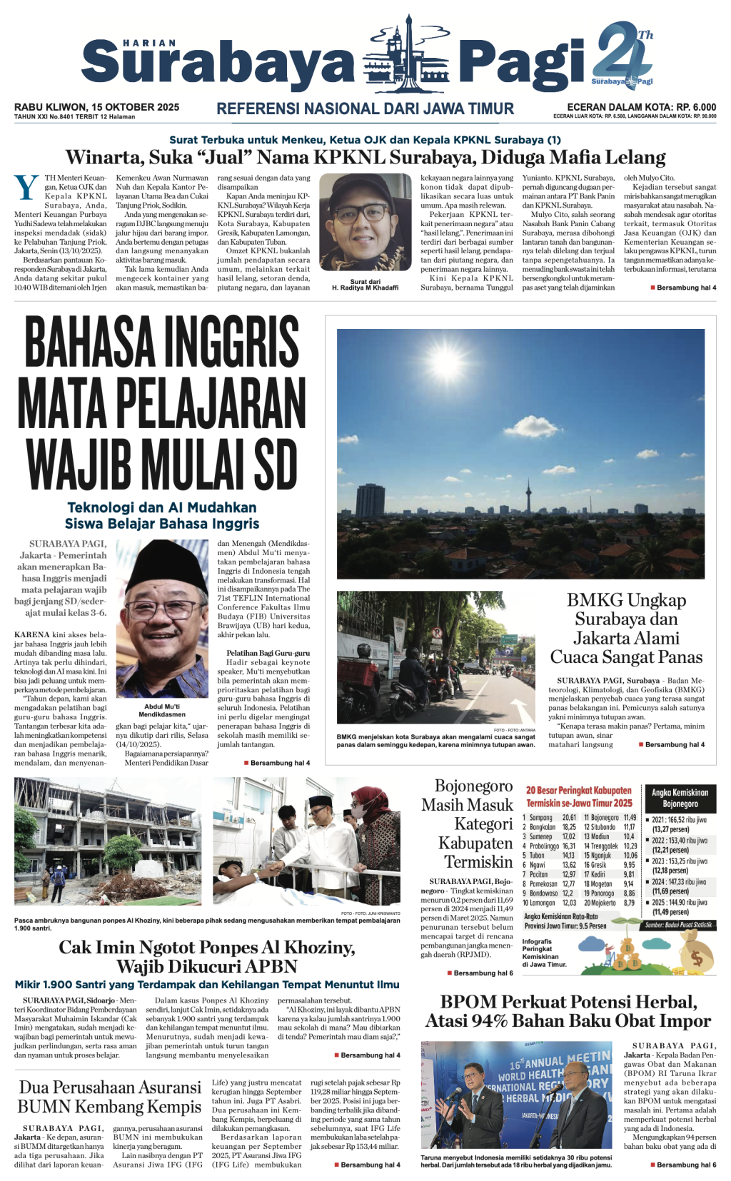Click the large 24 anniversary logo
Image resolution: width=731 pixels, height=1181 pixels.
[x=622, y=54]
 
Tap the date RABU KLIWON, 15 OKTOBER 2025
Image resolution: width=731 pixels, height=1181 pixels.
[x=96, y=107]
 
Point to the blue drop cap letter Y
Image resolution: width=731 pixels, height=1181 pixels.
[x=26, y=188]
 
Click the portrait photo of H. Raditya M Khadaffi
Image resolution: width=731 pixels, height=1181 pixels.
[x=365, y=222]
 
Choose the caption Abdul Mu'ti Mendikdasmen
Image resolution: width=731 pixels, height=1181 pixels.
[x=162, y=710]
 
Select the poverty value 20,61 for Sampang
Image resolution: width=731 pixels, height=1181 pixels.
[x=569, y=818]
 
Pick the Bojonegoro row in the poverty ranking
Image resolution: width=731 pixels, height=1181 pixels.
[x=610, y=818]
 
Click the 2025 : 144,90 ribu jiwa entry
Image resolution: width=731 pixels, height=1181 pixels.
[x=679, y=903]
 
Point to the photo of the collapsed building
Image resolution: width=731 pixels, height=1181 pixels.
[x=107, y=841]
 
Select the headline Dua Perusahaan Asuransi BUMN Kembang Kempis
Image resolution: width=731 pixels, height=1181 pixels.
[x=109, y=1097]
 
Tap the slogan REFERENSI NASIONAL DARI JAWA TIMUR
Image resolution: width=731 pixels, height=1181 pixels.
[x=365, y=109]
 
